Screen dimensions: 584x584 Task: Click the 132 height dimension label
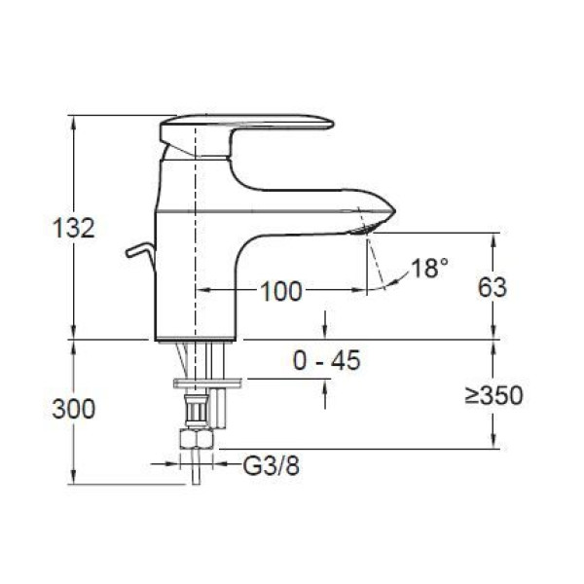(74, 228)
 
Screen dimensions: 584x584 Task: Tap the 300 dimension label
(74, 409)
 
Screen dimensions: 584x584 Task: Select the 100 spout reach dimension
(281, 291)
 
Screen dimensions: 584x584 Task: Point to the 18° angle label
(430, 268)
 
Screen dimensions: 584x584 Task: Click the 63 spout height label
(493, 287)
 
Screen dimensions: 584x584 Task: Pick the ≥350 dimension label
(494, 395)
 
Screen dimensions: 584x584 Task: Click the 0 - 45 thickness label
(327, 360)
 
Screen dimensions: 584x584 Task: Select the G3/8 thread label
(272, 465)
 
